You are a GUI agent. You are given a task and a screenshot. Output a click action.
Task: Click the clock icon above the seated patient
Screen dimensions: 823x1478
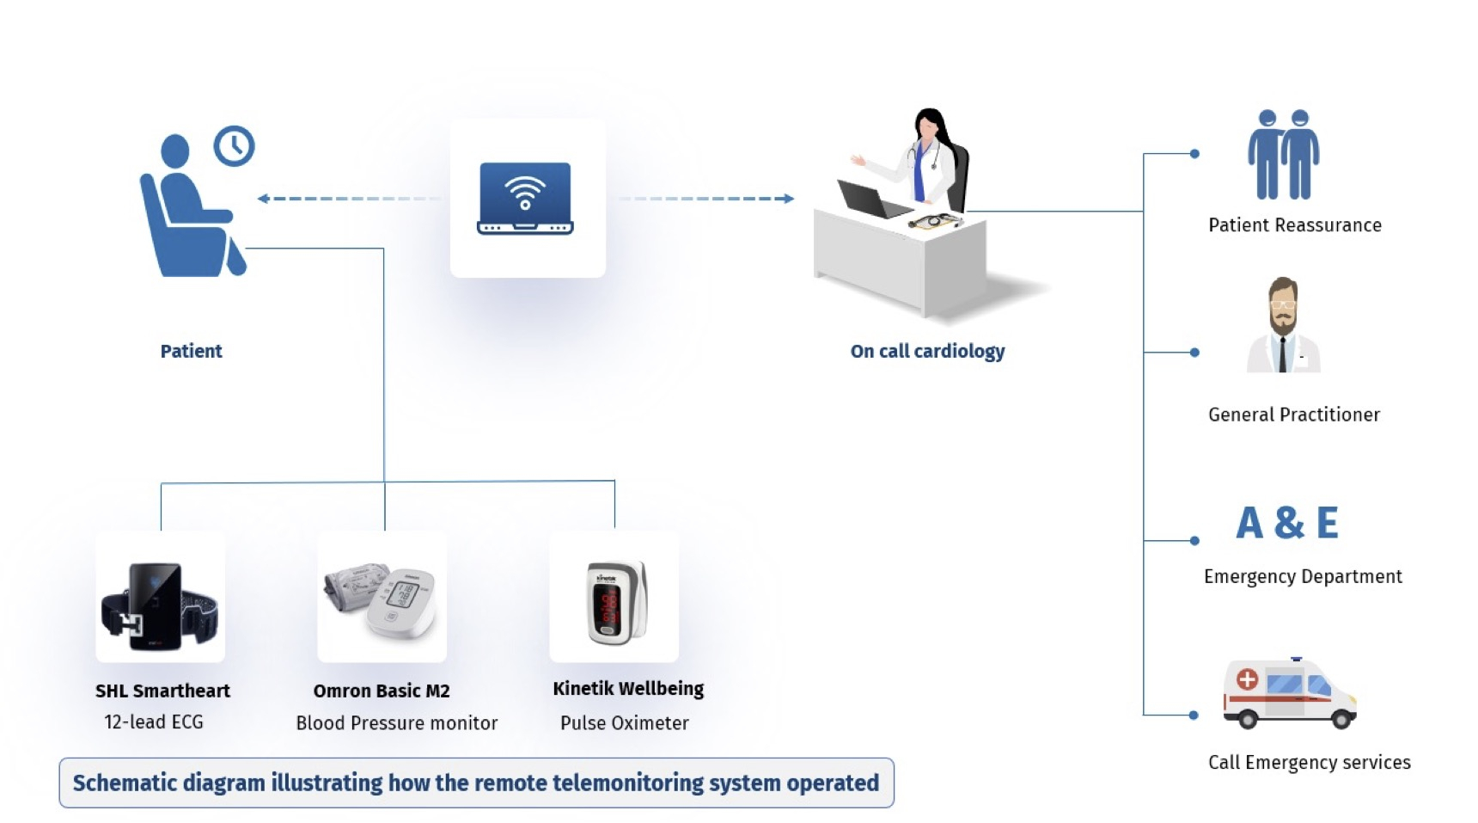click(x=234, y=146)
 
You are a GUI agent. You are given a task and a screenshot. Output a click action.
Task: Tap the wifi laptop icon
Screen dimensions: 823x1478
click(x=525, y=198)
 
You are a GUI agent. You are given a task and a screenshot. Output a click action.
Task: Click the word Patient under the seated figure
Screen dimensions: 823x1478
click(x=191, y=351)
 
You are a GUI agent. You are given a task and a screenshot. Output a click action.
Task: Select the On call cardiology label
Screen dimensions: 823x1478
click(x=927, y=351)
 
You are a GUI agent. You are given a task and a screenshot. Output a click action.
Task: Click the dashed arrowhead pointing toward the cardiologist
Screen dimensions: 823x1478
click(x=788, y=199)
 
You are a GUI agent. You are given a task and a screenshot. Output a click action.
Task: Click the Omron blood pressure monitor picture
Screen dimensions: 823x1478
click(x=382, y=598)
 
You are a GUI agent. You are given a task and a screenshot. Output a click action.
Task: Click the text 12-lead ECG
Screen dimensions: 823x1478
click(x=154, y=722)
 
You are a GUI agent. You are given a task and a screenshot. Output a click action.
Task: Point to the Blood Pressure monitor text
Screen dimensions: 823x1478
click(x=396, y=723)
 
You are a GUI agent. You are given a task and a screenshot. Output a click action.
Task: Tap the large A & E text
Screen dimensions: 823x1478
click(x=1287, y=523)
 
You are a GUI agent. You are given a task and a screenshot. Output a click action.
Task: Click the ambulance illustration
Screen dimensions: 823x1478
click(x=1289, y=695)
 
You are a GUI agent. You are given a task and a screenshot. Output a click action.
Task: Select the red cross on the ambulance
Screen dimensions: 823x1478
click(x=1247, y=680)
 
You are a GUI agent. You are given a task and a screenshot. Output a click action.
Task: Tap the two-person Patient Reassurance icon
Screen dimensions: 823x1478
click(x=1284, y=155)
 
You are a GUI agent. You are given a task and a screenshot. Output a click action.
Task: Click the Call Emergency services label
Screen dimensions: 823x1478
click(x=1309, y=763)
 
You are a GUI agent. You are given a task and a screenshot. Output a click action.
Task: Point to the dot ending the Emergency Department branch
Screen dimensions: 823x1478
click(x=1194, y=541)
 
